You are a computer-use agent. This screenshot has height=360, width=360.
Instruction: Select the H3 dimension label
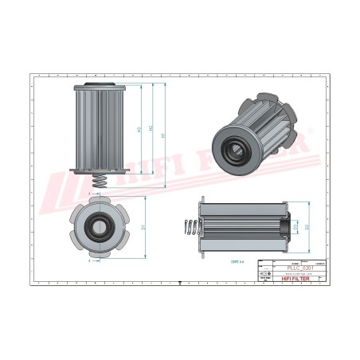(139, 130)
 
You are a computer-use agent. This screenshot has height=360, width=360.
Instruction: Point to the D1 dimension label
(143, 228)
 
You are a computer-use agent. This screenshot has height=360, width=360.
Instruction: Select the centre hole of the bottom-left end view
(100, 227)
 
